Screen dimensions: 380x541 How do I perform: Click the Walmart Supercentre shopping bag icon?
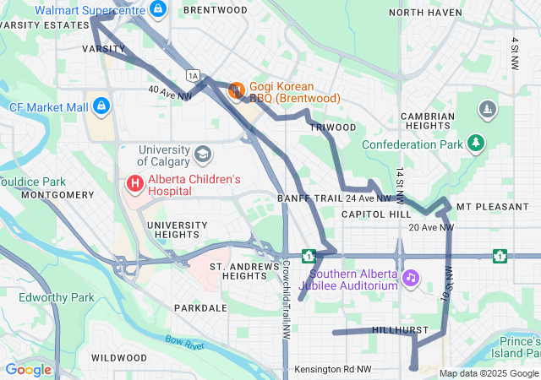156,8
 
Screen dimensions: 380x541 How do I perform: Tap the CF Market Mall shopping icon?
101,106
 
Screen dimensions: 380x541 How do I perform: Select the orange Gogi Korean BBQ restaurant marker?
237,89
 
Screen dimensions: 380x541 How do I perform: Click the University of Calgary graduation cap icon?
202,154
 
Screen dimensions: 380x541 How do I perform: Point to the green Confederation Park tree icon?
477,143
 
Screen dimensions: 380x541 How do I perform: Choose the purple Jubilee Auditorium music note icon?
411,278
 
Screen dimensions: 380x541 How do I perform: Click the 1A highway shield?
194,76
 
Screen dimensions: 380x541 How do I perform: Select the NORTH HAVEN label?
425,13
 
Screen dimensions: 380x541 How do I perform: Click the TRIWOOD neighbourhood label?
332,127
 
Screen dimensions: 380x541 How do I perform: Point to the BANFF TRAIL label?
309,198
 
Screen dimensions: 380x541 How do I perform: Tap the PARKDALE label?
200,308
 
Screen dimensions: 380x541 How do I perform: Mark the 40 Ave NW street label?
169,92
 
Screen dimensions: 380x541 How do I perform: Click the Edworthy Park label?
57,297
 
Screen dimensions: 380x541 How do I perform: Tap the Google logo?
28,369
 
